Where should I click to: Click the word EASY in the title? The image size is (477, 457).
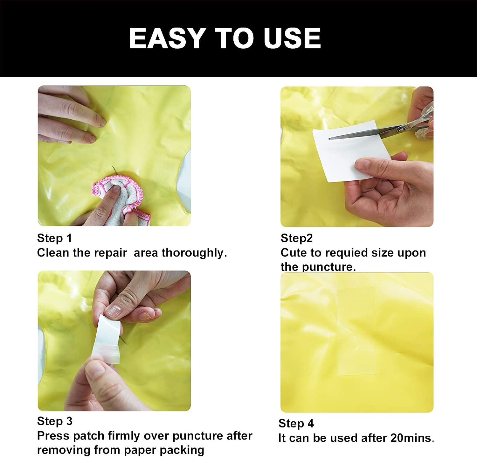(x=167, y=38)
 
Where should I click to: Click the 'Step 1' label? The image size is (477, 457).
(x=55, y=238)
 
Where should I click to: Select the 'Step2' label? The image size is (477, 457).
(x=297, y=238)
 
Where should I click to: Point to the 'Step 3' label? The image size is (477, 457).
(x=55, y=421)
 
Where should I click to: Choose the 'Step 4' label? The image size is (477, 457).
(x=296, y=423)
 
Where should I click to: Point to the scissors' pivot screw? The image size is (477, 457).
(x=401, y=129)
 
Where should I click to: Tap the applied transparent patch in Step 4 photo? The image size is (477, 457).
(x=356, y=331)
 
